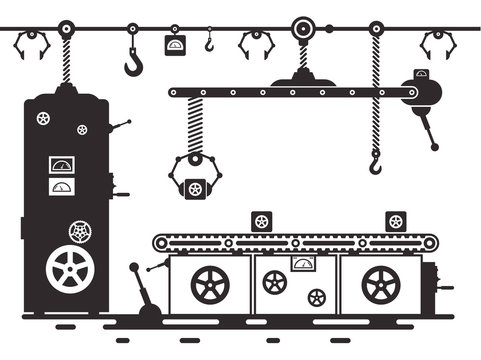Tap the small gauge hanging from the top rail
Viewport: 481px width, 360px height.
(175, 45)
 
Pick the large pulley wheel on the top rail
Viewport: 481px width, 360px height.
(302, 28)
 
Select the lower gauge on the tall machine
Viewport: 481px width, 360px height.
(62, 186)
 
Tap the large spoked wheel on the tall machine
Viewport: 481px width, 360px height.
(65, 269)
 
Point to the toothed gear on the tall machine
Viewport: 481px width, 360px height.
(79, 232)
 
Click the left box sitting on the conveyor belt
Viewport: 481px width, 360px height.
(262, 222)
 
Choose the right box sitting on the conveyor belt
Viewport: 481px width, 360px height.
(396, 222)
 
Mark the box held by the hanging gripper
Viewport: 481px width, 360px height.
(195, 188)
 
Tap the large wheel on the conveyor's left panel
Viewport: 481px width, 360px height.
(210, 284)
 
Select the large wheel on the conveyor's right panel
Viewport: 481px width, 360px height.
(381, 285)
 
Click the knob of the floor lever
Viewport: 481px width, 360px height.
(134, 268)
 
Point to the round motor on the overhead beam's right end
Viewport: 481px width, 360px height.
(422, 93)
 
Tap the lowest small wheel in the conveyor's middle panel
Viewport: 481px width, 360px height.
(317, 297)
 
